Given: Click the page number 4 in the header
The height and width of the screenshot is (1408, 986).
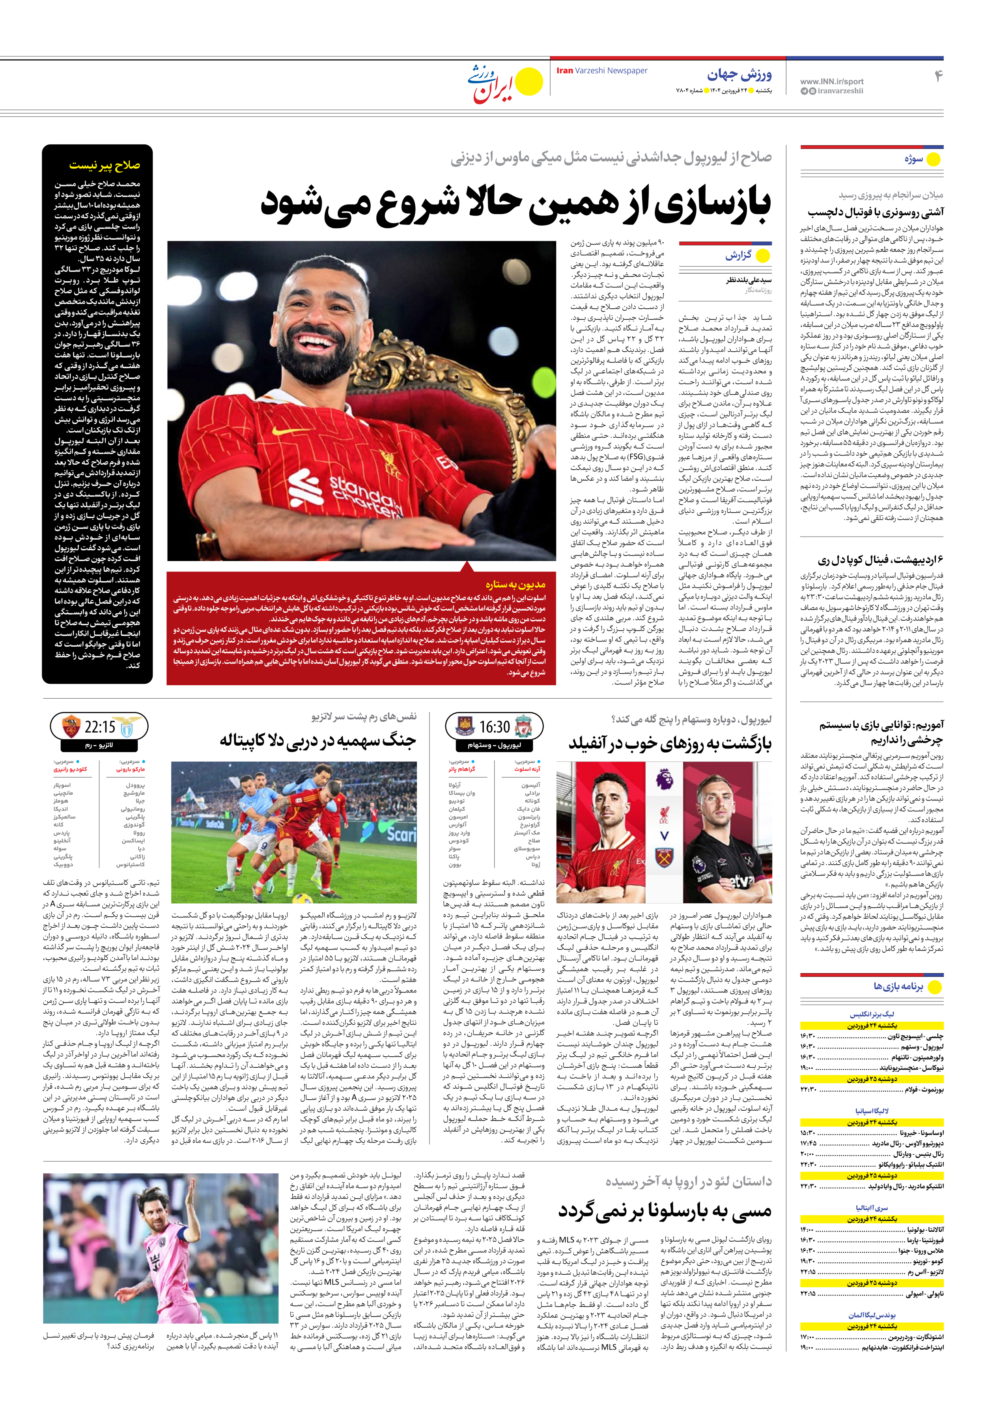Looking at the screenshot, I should pyautogui.click(x=937, y=76).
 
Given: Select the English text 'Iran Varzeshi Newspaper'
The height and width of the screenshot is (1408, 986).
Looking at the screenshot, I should pyautogui.click(x=601, y=71).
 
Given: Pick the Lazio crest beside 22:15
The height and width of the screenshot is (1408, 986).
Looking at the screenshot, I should pyautogui.click(x=127, y=728).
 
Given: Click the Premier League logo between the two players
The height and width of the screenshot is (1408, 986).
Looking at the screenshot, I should pyautogui.click(x=663, y=780).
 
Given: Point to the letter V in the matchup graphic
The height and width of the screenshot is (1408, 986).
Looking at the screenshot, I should pyautogui.click(x=664, y=835).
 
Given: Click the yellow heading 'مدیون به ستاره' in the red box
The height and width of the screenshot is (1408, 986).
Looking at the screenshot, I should pyautogui.click(x=515, y=584).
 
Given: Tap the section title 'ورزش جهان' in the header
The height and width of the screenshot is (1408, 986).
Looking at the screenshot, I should pyautogui.click(x=739, y=75).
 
